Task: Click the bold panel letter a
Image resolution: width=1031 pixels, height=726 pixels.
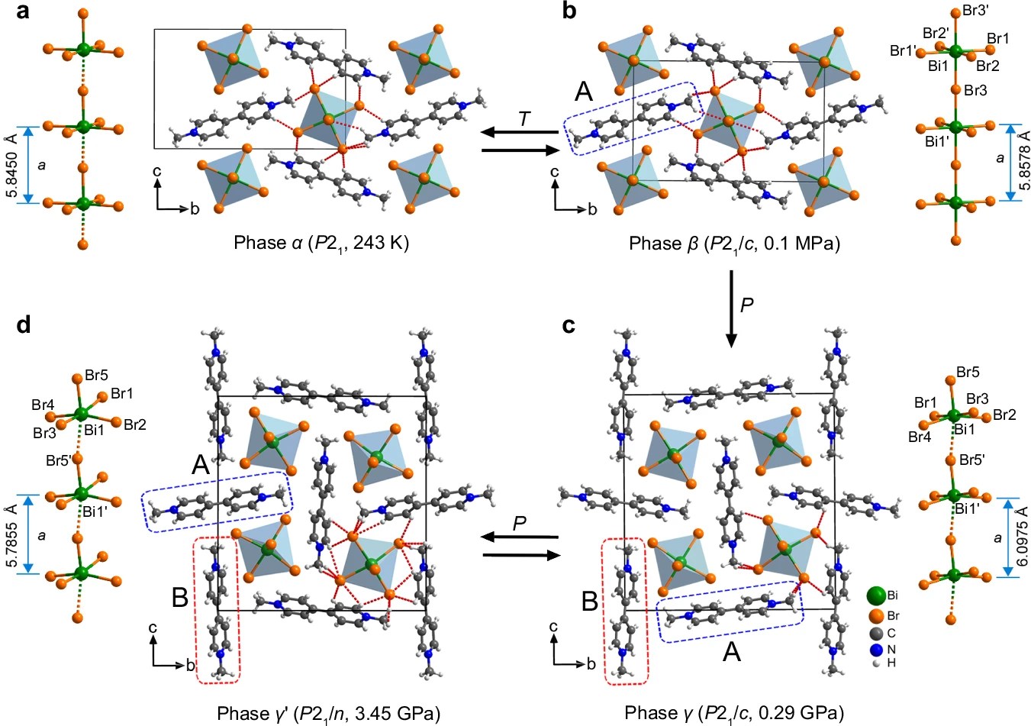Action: (23, 13)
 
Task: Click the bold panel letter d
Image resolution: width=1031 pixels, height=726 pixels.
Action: (24, 325)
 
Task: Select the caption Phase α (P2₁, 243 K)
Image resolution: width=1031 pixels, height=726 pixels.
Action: (321, 243)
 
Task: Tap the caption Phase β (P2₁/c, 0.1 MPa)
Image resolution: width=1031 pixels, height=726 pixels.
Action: (734, 243)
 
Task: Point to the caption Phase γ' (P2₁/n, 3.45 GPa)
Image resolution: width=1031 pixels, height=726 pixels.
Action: (329, 713)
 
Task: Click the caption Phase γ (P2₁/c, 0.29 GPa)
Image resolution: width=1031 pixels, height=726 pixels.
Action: (734, 713)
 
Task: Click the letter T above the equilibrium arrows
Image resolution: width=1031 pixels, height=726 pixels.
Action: (524, 119)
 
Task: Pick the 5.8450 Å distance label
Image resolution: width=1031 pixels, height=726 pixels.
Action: (12, 166)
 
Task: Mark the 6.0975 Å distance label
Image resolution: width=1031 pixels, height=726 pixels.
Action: (1022, 537)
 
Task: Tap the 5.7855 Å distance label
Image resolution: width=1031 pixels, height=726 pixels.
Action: (12, 534)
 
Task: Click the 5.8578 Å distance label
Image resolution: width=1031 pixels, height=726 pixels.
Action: (1024, 163)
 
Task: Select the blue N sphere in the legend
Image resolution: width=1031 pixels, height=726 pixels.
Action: (876, 650)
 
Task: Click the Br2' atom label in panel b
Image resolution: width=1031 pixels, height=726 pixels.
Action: (936, 33)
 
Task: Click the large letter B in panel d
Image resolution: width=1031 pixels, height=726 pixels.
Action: (179, 597)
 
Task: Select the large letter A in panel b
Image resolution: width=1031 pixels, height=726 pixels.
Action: (583, 92)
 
